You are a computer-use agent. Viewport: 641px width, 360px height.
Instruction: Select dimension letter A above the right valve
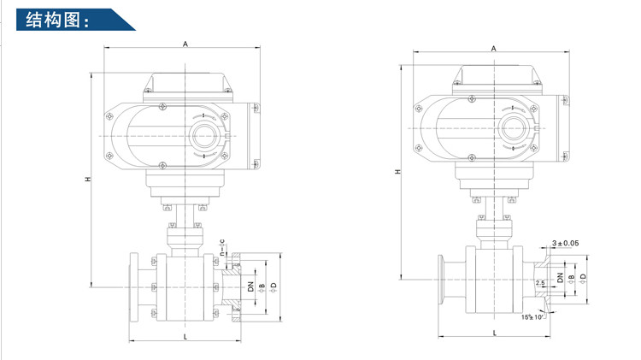(494, 49)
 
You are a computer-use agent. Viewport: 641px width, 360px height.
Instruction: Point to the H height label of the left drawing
(87, 180)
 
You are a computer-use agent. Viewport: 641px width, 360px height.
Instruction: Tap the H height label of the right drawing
(397, 173)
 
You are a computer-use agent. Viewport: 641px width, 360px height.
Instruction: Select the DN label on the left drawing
(251, 288)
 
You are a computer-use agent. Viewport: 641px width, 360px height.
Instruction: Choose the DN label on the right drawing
(560, 278)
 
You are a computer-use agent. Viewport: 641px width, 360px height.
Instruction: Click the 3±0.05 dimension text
(566, 244)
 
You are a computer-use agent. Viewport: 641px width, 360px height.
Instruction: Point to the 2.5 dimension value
(539, 282)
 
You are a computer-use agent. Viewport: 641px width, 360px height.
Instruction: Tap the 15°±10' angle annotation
(533, 317)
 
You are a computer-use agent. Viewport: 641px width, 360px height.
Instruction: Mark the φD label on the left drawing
(273, 288)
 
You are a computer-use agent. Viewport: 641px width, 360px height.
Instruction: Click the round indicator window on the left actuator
(203, 136)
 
